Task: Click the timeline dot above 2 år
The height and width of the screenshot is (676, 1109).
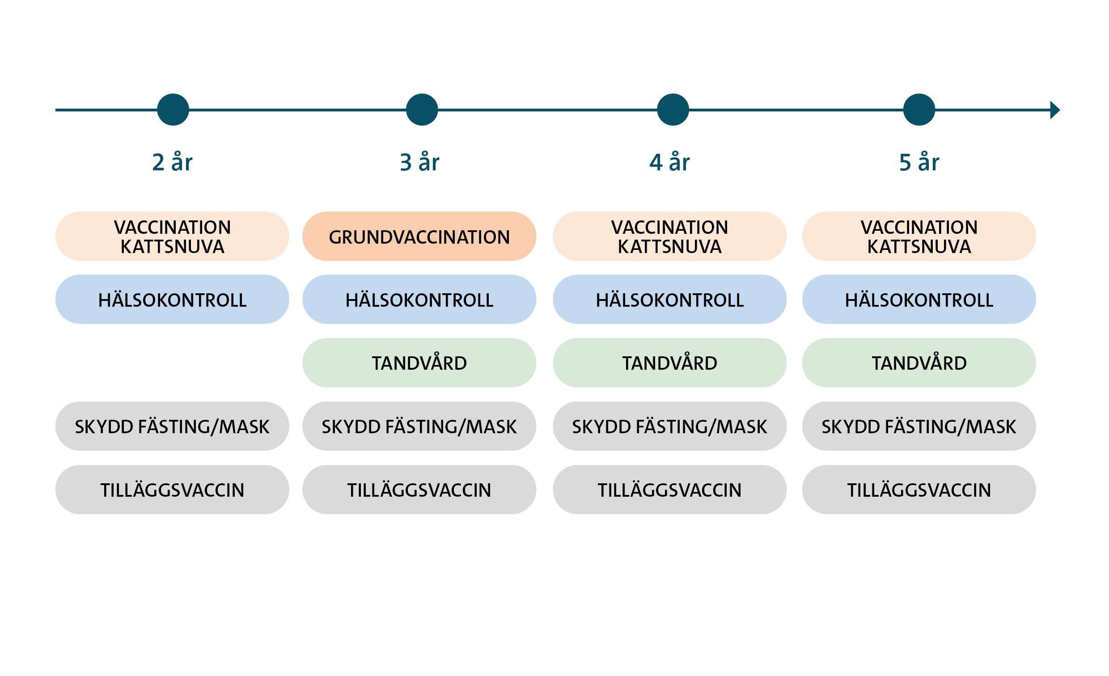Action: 173,110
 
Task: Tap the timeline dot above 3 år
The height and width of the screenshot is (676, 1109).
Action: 422,110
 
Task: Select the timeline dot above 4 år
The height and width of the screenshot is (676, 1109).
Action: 673,110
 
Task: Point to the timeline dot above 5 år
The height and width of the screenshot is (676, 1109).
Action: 919,110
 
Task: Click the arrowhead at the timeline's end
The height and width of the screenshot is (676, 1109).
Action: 1054,110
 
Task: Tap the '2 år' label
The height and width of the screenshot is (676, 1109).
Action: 172,162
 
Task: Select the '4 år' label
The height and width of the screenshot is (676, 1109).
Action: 669,162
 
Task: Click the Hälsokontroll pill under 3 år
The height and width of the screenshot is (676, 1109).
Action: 419,300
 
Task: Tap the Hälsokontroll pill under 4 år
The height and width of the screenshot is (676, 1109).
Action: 669,300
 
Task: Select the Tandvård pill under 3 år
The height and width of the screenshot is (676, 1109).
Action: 419,363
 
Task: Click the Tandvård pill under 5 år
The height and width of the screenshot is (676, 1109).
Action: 919,363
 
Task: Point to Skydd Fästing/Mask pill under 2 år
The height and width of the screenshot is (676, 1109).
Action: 172,426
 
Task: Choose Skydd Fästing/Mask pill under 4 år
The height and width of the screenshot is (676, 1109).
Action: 669,426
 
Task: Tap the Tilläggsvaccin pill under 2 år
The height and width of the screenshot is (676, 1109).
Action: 172,490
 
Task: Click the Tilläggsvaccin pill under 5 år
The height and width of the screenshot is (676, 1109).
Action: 919,490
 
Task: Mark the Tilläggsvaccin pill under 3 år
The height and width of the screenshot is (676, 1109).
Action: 419,490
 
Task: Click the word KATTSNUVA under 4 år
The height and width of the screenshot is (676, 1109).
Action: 669,247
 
